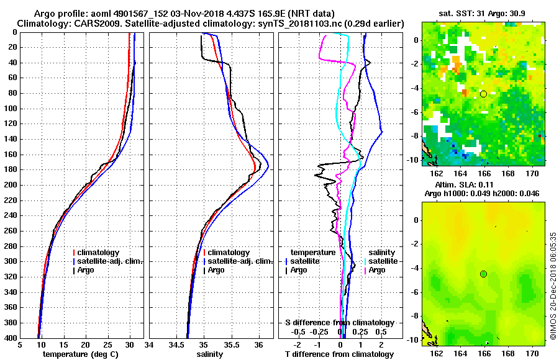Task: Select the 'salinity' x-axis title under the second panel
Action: click(x=209, y=354)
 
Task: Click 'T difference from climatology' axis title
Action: click(x=339, y=354)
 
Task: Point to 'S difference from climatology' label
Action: click(x=339, y=323)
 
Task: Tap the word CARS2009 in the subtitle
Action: click(x=93, y=24)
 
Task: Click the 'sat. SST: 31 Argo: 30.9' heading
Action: click(x=483, y=14)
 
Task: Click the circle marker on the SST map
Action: click(x=483, y=94)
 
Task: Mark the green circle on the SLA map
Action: click(x=483, y=274)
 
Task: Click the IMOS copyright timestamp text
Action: click(x=553, y=286)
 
